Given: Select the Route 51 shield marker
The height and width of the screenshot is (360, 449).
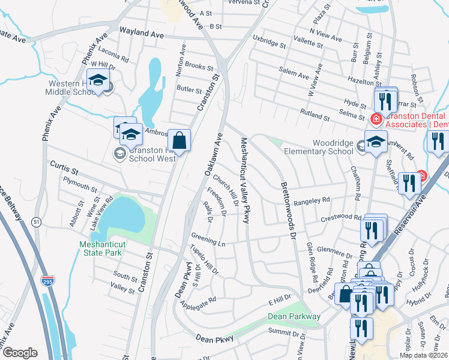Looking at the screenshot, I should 37,222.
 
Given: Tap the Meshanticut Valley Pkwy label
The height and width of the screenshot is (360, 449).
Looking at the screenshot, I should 244,180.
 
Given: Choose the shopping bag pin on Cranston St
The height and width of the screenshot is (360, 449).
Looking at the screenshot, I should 179,140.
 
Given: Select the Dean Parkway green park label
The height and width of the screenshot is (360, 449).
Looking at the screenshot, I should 294,316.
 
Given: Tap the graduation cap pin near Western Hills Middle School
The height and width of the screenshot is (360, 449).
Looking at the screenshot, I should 97,80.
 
